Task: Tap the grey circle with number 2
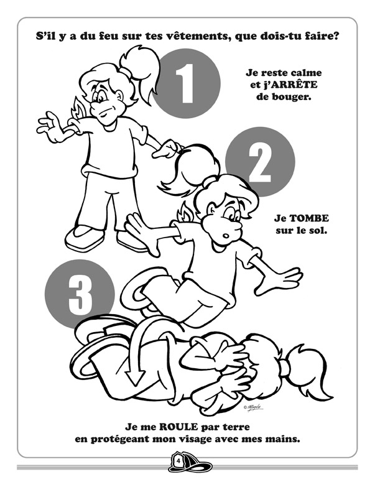pyautogui.click(x=260, y=162)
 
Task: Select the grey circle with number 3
pyautogui.click(x=80, y=294)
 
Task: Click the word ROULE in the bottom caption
pyautogui.click(x=178, y=427)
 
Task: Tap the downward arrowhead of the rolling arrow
pyautogui.click(x=135, y=378)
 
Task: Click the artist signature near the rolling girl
pyautogui.click(x=254, y=408)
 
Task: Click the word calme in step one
pyautogui.click(x=305, y=73)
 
